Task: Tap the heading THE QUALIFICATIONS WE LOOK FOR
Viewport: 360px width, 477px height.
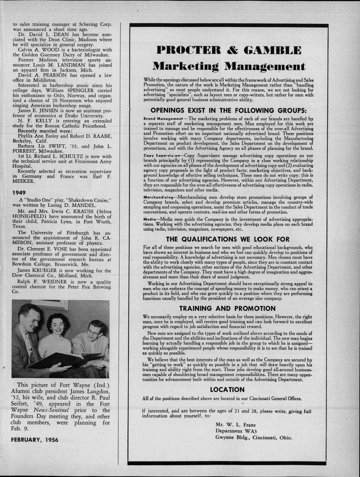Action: pyautogui.click(x=228, y=239)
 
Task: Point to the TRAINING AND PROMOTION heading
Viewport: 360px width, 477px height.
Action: pyautogui.click(x=228, y=308)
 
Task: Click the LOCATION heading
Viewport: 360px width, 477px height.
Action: pyautogui.click(x=228, y=390)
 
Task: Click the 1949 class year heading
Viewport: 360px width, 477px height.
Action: pyautogui.click(x=18, y=192)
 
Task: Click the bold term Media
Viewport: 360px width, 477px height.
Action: pyautogui.click(x=149, y=220)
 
